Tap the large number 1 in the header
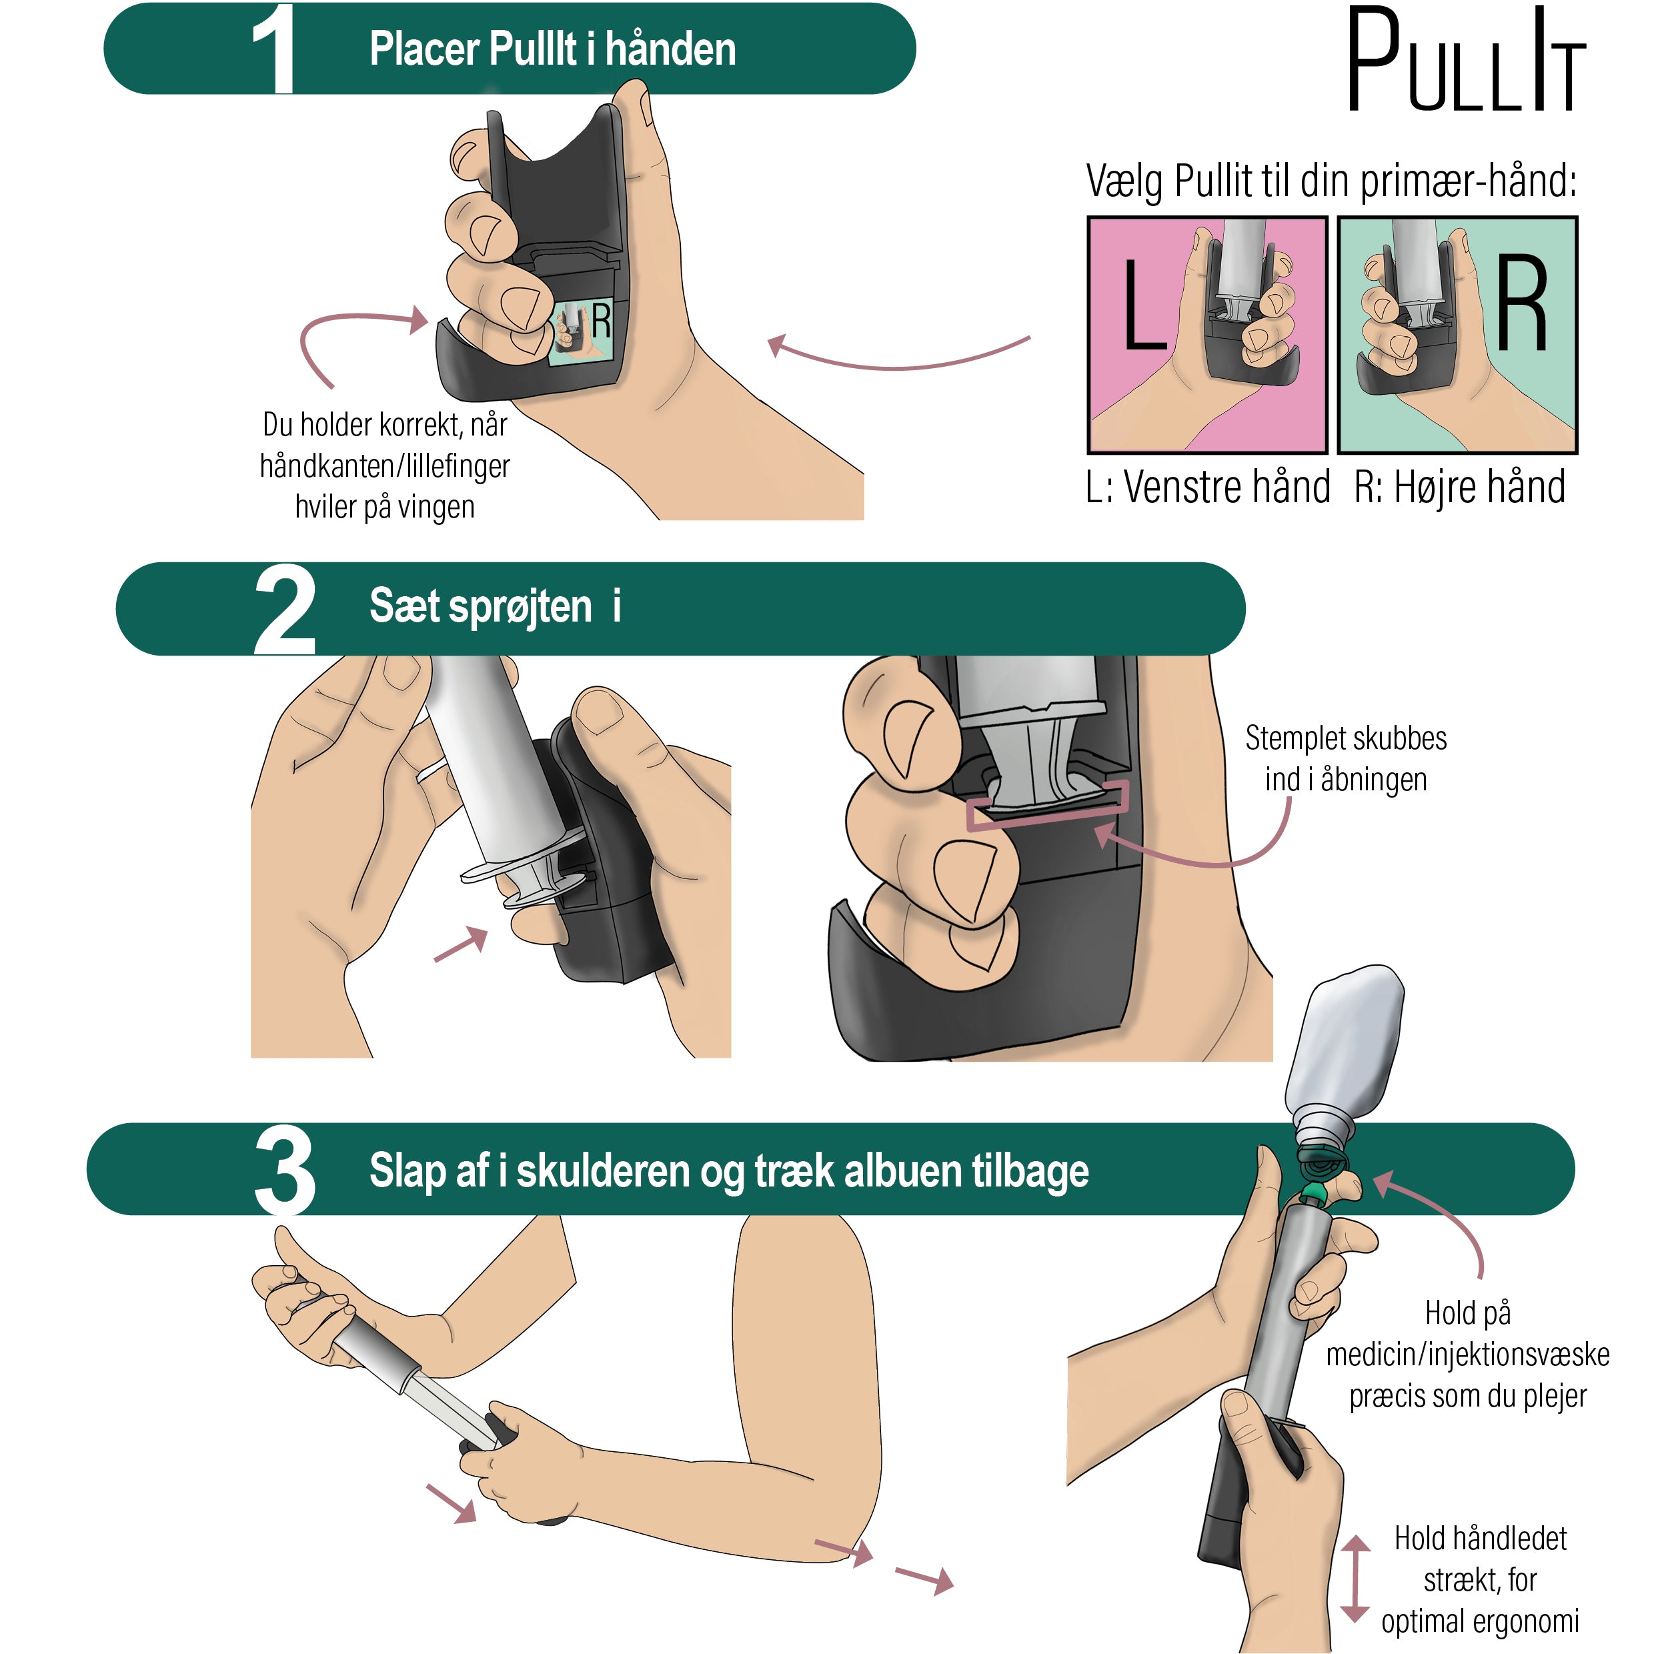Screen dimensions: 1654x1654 (x=274, y=49)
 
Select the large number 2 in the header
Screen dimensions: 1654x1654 (x=284, y=612)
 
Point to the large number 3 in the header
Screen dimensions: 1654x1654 (x=284, y=1171)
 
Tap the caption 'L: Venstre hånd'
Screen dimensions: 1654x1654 (x=1207, y=488)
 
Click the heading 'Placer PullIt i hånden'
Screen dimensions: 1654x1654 (x=552, y=49)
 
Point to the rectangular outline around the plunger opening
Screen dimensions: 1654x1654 (x=1046, y=806)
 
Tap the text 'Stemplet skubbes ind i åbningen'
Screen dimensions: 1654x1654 (x=1345, y=758)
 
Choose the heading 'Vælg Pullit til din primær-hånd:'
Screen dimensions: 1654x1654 (x=1331, y=181)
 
